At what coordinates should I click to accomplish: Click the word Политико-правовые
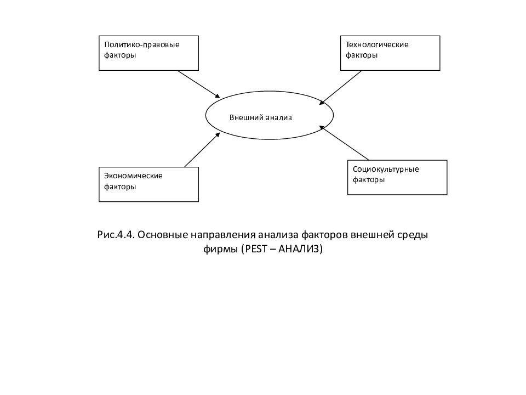point(142,45)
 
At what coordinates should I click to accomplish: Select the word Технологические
point(377,44)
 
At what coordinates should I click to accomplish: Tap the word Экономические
point(133,176)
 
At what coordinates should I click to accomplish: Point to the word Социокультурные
point(386,170)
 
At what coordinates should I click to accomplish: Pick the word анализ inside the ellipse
point(279,117)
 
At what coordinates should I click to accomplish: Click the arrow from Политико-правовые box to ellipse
point(198,84)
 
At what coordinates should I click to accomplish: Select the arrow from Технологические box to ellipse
point(340,88)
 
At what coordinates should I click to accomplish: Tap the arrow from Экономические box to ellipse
point(202,150)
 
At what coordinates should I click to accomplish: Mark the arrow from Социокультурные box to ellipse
point(344,143)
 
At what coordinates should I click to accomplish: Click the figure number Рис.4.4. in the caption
point(116,234)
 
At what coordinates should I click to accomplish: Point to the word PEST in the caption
point(256,249)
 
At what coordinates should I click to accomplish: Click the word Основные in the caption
point(163,234)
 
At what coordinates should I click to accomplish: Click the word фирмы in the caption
point(221,249)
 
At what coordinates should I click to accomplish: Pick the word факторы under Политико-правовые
point(120,55)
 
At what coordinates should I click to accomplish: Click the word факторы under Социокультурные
point(369,180)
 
